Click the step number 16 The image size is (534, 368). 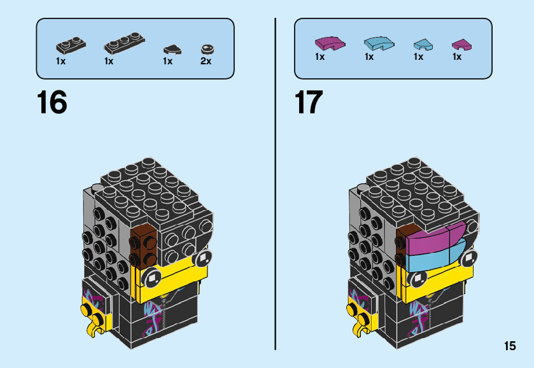coord(52,103)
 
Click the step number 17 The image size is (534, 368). coord(309,103)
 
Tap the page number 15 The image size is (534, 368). coord(509,346)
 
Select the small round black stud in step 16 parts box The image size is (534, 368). coord(206,48)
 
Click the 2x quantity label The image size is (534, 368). coord(206,61)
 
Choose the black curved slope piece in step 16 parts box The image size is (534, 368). coord(170,48)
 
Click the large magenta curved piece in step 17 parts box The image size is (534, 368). coord(331,43)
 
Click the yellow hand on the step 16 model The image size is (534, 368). coord(93,318)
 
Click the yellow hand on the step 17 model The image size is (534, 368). coord(360,318)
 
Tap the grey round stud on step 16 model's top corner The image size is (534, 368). coord(96,188)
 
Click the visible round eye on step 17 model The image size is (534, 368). coord(418,278)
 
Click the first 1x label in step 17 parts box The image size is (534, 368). coord(320,57)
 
